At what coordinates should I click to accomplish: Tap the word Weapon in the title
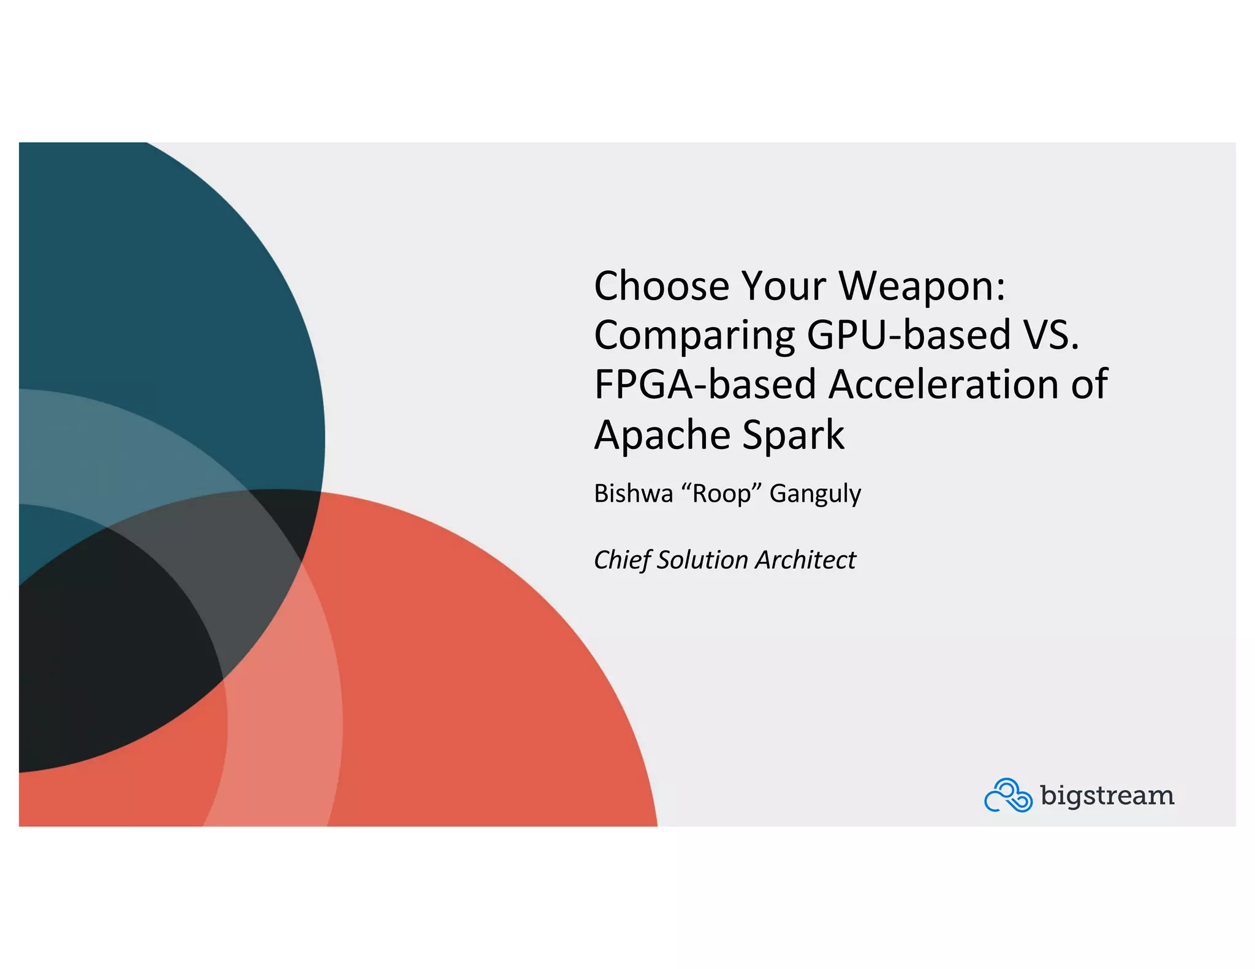click(916, 286)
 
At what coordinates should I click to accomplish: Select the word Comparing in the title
click(694, 336)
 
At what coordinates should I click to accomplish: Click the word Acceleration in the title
click(944, 385)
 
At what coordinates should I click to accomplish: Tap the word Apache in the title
click(662, 435)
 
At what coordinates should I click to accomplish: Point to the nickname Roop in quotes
click(721, 494)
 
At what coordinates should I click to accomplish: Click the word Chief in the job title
click(621, 560)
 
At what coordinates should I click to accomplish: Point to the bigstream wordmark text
click(1107, 795)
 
